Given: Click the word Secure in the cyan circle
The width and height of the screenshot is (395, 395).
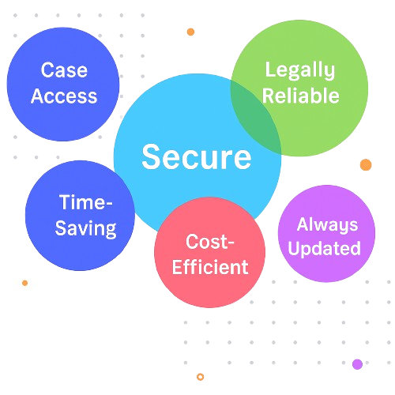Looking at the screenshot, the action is [x=197, y=157].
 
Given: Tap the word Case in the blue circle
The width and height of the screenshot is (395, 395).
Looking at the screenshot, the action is [x=64, y=70].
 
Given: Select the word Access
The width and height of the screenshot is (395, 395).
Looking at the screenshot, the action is [x=64, y=96].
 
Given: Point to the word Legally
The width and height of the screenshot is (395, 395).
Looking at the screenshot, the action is [x=300, y=70].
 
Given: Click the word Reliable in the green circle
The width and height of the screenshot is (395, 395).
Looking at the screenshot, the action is [x=301, y=96].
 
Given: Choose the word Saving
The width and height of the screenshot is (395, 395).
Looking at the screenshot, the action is [x=85, y=228].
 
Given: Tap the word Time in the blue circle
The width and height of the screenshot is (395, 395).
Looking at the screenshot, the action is [x=81, y=202].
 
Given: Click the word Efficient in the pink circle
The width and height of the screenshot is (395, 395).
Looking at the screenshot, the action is [x=210, y=267].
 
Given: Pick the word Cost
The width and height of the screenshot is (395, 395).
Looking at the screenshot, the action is [x=206, y=242].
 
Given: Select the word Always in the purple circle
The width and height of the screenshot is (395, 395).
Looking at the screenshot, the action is [x=327, y=225].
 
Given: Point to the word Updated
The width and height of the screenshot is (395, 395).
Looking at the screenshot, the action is [x=324, y=248].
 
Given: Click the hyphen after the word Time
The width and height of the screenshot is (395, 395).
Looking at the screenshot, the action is [x=109, y=203].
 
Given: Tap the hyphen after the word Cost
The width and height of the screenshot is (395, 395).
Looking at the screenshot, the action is [x=231, y=243].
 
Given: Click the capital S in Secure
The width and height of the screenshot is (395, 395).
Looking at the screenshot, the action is [x=150, y=157].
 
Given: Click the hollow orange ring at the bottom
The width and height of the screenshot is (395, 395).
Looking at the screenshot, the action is [x=201, y=377].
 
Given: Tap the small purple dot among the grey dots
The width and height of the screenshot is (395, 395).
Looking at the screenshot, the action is [x=357, y=364].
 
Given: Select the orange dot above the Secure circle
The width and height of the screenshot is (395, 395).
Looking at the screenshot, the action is [x=190, y=32].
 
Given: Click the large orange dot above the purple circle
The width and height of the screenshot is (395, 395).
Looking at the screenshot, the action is [x=366, y=165].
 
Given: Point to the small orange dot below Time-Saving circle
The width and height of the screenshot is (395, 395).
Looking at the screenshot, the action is [x=25, y=283].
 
